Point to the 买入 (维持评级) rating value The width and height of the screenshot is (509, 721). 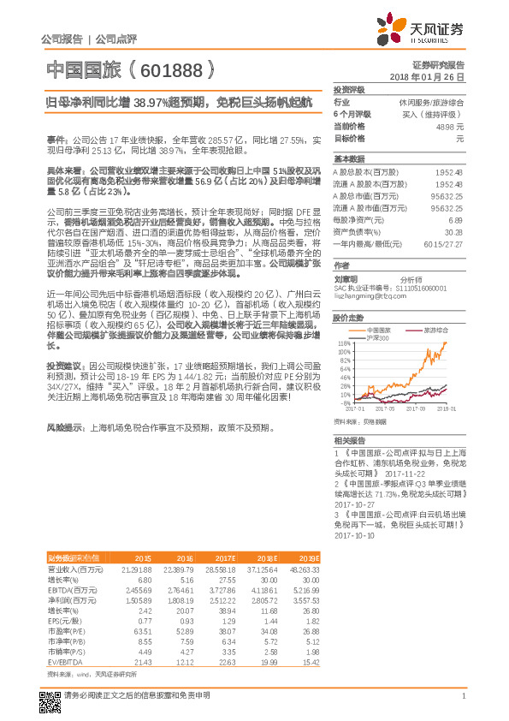[433, 114]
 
